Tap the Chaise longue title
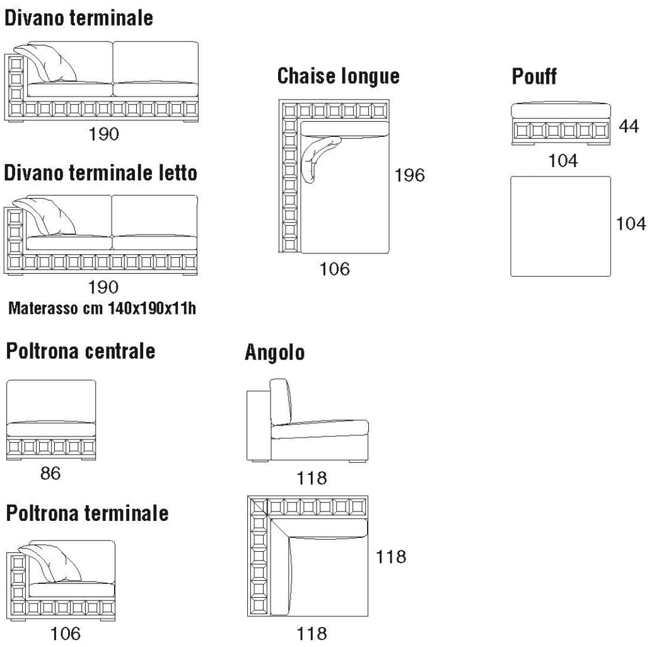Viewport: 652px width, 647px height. tap(339, 76)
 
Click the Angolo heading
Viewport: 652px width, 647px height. tap(275, 353)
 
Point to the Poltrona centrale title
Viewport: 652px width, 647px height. tap(81, 351)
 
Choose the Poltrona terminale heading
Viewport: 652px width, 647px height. tap(88, 513)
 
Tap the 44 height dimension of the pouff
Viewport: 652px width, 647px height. tap(628, 126)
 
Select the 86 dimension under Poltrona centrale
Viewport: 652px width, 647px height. tap(50, 473)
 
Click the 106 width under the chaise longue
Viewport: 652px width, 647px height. tap(334, 269)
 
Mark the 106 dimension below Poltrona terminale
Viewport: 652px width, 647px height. tap(65, 633)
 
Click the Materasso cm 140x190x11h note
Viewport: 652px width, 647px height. tap(102, 308)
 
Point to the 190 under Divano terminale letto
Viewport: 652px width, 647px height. tap(103, 287)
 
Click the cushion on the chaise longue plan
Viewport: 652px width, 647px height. tap(318, 156)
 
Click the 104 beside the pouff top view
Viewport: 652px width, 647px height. tap(631, 223)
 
